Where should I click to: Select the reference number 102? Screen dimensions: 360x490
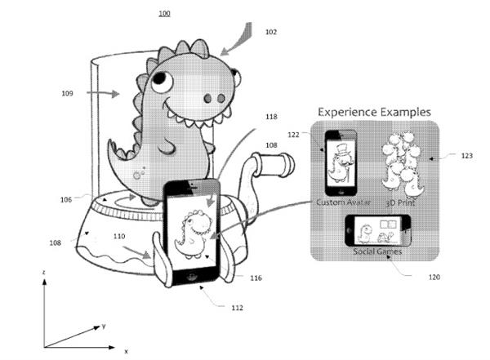click(x=271, y=32)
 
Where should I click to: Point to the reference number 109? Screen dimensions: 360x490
click(x=67, y=94)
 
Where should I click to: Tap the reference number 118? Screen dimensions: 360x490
click(x=270, y=117)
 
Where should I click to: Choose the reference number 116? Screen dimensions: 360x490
click(x=256, y=278)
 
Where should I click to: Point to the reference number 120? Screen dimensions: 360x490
click(x=433, y=278)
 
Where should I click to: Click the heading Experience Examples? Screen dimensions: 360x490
click(x=374, y=111)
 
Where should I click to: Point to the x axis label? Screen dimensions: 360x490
click(x=126, y=350)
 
